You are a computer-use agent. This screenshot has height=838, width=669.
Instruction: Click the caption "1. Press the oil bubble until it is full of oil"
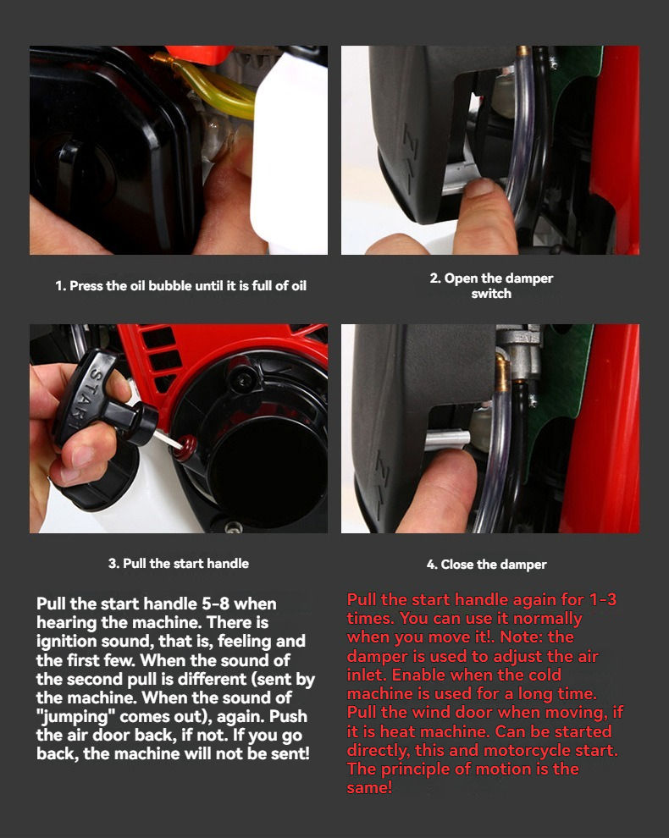coord(180,286)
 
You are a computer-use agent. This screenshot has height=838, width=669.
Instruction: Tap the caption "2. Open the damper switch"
coord(491,286)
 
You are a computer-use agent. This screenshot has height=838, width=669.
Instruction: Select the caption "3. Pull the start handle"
coord(179,563)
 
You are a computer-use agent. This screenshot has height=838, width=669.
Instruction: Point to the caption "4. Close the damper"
coord(487,565)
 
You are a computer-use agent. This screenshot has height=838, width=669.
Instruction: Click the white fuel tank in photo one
coord(290,155)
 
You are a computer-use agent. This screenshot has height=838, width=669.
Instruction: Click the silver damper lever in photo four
coord(447,440)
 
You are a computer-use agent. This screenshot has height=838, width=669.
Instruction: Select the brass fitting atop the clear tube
coord(503,372)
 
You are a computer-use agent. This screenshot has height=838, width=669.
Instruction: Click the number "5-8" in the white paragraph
coord(215,604)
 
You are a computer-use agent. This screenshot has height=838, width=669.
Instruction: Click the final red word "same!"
coord(369,788)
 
